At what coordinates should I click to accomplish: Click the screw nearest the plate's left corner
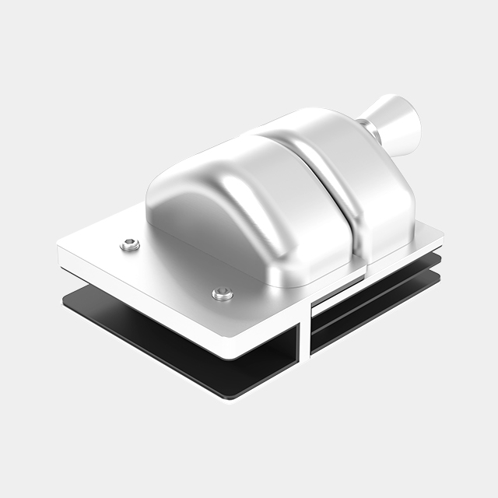coord(130,245)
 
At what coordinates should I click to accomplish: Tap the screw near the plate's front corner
coord(223,293)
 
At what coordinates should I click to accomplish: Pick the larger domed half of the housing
coord(233,202)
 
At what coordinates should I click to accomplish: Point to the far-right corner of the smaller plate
coord(440,230)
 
